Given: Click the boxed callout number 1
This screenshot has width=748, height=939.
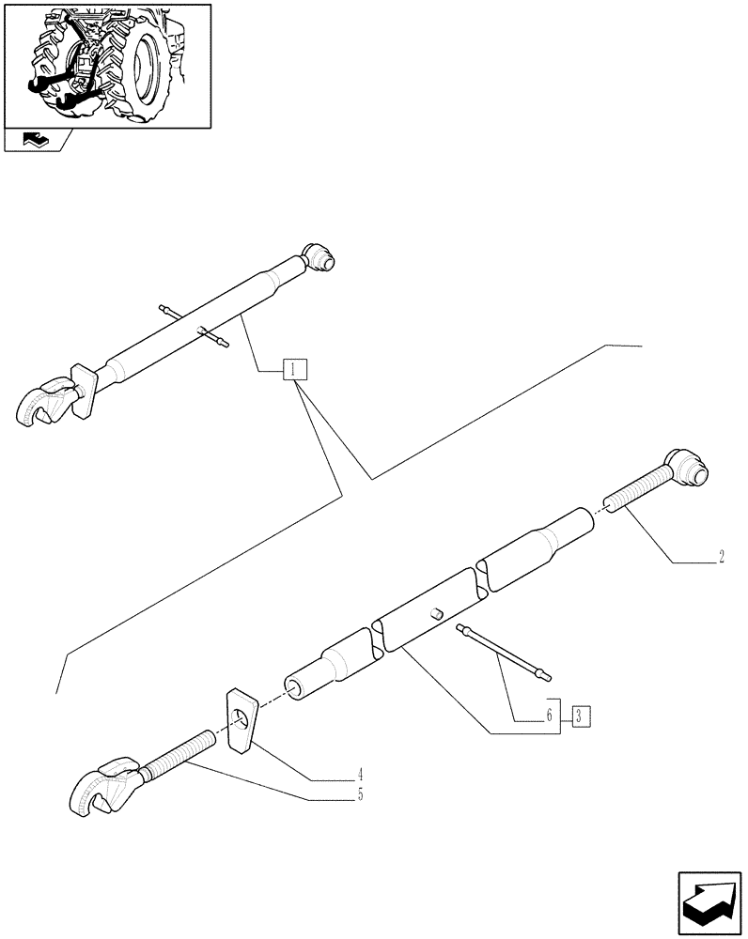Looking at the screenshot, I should tap(294, 369).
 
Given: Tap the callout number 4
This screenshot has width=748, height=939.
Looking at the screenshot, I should tap(360, 777).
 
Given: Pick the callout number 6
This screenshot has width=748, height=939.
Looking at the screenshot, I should tap(548, 716).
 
